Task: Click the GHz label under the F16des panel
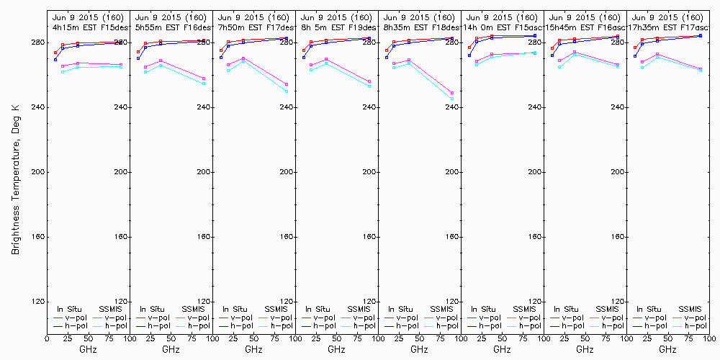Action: [x=171, y=349]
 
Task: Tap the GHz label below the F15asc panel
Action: [x=502, y=349]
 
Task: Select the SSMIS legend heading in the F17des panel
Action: [x=275, y=309]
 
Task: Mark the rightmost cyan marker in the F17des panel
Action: [x=287, y=91]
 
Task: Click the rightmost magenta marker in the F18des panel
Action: [x=452, y=93]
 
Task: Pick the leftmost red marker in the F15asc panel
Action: [x=469, y=48]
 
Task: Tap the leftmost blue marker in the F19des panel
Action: [x=304, y=58]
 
